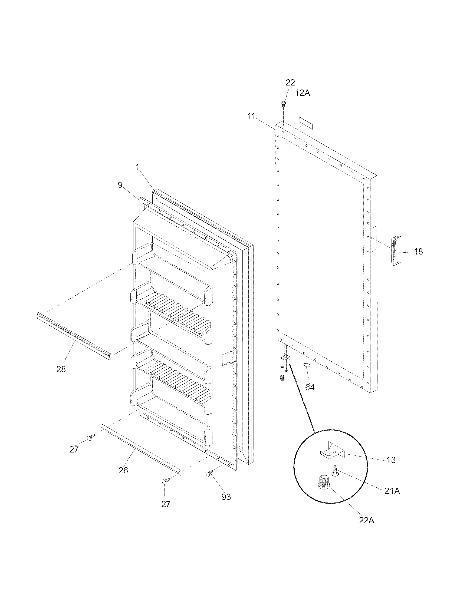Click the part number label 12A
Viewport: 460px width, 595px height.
tap(303, 93)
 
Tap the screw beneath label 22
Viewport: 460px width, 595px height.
tap(283, 104)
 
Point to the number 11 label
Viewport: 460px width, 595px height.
tap(251, 116)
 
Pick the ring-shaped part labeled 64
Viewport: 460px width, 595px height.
tap(307, 365)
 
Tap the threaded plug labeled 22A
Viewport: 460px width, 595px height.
tap(323, 482)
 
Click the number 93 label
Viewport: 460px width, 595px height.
tap(226, 497)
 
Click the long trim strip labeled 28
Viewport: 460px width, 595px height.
tap(74, 337)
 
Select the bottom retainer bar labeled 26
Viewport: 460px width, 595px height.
tap(140, 450)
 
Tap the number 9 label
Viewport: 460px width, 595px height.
tap(120, 185)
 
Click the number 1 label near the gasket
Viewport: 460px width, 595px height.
tap(138, 167)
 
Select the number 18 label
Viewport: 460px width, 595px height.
tap(418, 252)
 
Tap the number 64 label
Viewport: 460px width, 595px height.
tap(310, 387)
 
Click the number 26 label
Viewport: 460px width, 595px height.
tap(123, 470)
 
